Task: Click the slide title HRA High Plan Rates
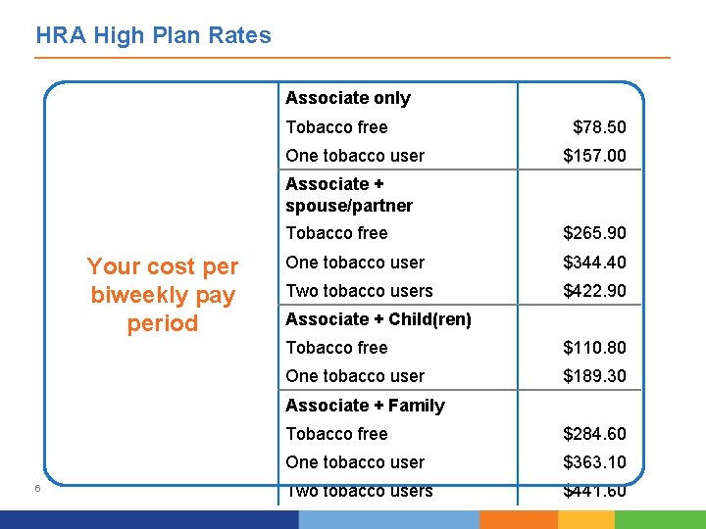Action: pyautogui.click(x=153, y=36)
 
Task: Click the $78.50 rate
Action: pyautogui.click(x=599, y=127)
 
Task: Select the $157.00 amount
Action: pyautogui.click(x=594, y=156)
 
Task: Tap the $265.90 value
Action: pyautogui.click(x=594, y=233)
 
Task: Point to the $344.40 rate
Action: pyautogui.click(x=594, y=263)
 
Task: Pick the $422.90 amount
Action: pyautogui.click(x=594, y=291)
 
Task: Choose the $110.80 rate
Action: pyautogui.click(x=594, y=348)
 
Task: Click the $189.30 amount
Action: pyautogui.click(x=594, y=376)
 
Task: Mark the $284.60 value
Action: pyautogui.click(x=594, y=434)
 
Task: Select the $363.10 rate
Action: pyautogui.click(x=594, y=462)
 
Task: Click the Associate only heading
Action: pyautogui.click(x=347, y=98)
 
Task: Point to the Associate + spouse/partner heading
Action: pyautogui.click(x=348, y=195)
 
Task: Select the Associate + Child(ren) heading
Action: pyautogui.click(x=378, y=319)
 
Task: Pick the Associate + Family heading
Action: pyautogui.click(x=365, y=406)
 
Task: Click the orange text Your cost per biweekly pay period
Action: pyautogui.click(x=163, y=295)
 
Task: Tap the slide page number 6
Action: pyautogui.click(x=35, y=489)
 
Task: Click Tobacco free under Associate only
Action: pyautogui.click(x=336, y=127)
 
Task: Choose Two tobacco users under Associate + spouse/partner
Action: pyautogui.click(x=359, y=291)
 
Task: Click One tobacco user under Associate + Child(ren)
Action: pyautogui.click(x=355, y=376)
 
